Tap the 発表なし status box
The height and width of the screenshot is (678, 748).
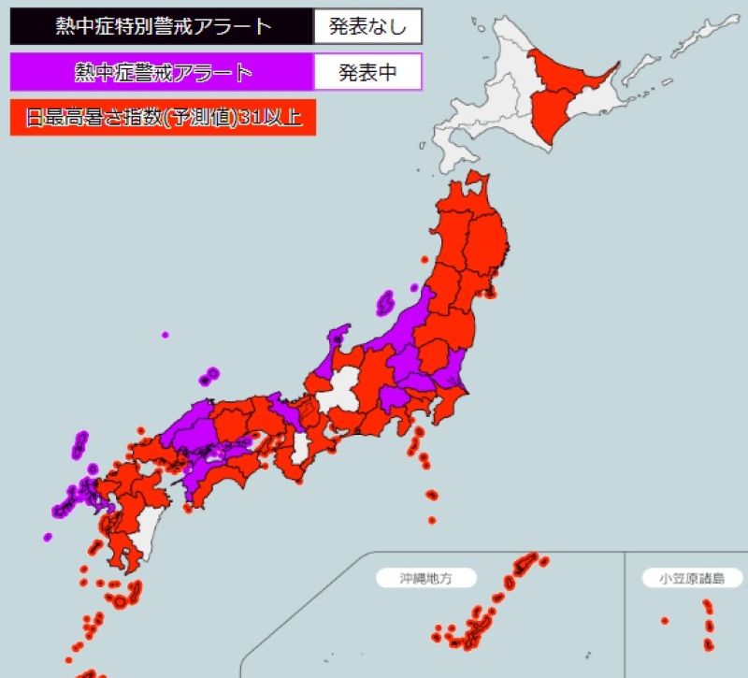367,26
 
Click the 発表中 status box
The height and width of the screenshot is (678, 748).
367,72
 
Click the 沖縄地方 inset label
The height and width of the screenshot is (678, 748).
425,578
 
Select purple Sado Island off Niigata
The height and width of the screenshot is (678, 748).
385,303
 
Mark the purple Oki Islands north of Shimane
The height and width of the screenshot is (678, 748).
209,377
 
